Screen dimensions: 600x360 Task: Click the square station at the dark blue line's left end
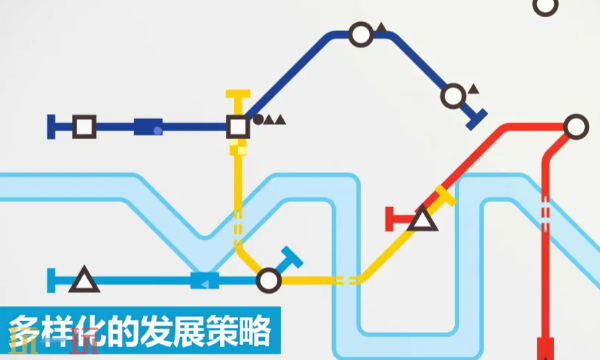[x=84, y=127]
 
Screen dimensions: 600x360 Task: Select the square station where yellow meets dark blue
[x=237, y=127]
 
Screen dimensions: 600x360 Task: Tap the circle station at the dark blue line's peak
[x=360, y=36]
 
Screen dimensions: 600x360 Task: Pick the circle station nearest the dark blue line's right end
[x=453, y=96]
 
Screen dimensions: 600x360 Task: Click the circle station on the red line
[x=574, y=127]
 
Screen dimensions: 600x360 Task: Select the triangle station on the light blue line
[x=84, y=280]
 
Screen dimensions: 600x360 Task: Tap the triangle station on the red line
[x=422, y=218]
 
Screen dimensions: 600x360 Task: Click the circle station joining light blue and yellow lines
[x=268, y=280]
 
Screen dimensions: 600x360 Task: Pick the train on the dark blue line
[x=148, y=127]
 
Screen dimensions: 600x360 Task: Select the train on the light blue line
[x=205, y=281]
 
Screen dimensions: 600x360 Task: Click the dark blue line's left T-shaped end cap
[x=52, y=127]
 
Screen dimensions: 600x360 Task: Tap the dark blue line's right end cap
[x=477, y=118]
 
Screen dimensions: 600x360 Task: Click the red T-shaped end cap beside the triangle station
[x=391, y=218]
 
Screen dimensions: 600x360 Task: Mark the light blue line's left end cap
[x=52, y=280]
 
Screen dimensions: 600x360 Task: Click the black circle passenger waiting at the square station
[x=258, y=120]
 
